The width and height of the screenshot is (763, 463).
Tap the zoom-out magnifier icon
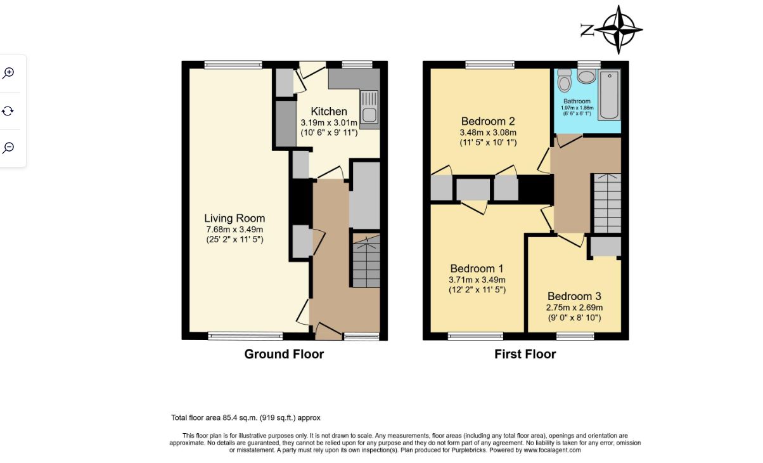[8, 148]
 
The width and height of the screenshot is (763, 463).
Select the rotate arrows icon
[8, 111]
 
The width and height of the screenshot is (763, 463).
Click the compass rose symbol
[619, 30]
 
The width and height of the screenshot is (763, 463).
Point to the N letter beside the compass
[587, 30]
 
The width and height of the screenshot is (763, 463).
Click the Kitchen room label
[329, 112]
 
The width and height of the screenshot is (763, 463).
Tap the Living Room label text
[234, 218]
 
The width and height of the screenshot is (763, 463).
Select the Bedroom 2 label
[488, 121]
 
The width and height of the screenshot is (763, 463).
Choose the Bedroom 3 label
[574, 296]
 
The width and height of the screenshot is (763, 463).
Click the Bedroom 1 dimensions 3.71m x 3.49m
[477, 280]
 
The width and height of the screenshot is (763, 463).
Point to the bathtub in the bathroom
[610, 95]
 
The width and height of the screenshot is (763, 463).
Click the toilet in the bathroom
[565, 80]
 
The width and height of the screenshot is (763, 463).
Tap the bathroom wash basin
[587, 76]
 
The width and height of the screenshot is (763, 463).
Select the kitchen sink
[369, 107]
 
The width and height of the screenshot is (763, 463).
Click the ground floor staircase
[366, 261]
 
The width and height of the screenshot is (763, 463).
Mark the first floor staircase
[607, 203]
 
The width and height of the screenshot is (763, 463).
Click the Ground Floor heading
[284, 355]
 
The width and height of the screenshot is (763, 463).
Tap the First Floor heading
[525, 355]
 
